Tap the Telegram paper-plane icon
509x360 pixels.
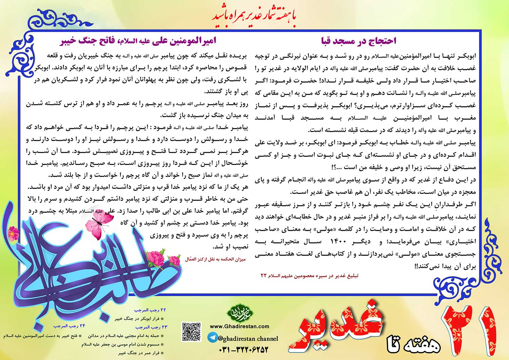coord(212,338)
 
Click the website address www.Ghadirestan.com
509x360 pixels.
coord(239,326)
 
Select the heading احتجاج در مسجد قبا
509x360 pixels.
coord(358,41)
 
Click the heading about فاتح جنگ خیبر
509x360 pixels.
coord(137,41)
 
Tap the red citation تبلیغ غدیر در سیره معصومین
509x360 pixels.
coord(309,276)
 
